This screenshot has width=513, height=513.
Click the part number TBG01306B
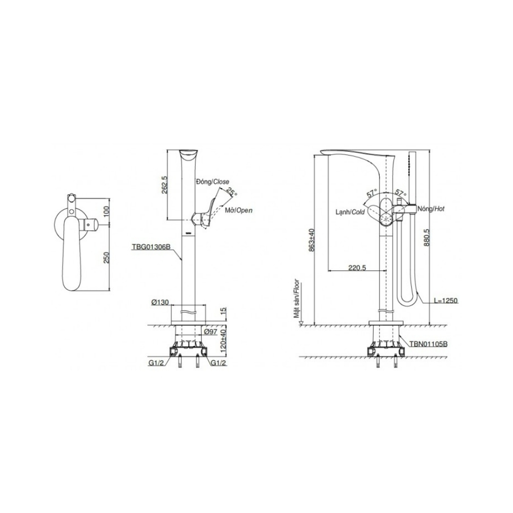click(151, 247)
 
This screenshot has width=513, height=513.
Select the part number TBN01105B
click(428, 344)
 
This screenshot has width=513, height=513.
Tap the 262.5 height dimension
click(164, 185)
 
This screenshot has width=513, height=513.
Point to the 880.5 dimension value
click(426, 237)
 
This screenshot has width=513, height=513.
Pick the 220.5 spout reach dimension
click(357, 268)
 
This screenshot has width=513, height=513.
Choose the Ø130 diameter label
click(160, 303)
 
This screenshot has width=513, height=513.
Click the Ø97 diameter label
click(211, 332)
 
